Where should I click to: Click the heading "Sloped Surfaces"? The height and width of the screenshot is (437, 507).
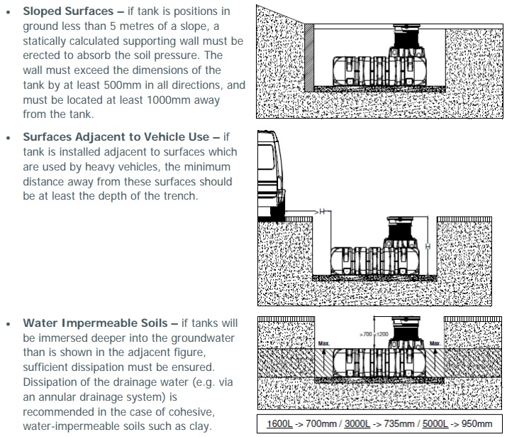point(68,11)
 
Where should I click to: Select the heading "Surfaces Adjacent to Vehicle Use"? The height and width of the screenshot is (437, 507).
point(116,136)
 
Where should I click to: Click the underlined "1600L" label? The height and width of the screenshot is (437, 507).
point(279,423)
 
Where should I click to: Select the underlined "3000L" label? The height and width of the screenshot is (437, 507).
point(357,423)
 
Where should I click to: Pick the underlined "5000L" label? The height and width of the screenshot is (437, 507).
point(435,423)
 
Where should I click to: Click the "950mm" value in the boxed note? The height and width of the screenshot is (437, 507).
point(477,423)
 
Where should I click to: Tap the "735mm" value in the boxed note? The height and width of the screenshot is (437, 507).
point(399,423)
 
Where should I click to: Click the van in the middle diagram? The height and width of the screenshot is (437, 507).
point(272,175)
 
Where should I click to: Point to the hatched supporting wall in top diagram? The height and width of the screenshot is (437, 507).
point(309,58)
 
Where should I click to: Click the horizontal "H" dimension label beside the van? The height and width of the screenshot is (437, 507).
point(322,212)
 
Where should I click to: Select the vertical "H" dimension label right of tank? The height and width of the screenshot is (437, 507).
point(428,247)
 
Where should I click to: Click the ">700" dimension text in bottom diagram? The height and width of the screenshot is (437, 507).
point(366,334)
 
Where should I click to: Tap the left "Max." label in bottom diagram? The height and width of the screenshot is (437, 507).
point(323,343)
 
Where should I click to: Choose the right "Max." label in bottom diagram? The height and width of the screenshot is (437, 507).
point(435,343)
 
